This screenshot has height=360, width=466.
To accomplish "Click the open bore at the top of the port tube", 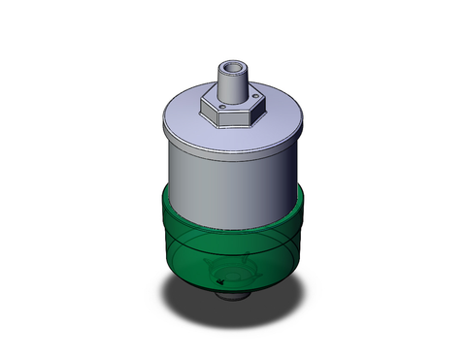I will [x=232, y=68].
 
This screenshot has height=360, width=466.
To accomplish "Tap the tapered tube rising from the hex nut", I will [x=232, y=83].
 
